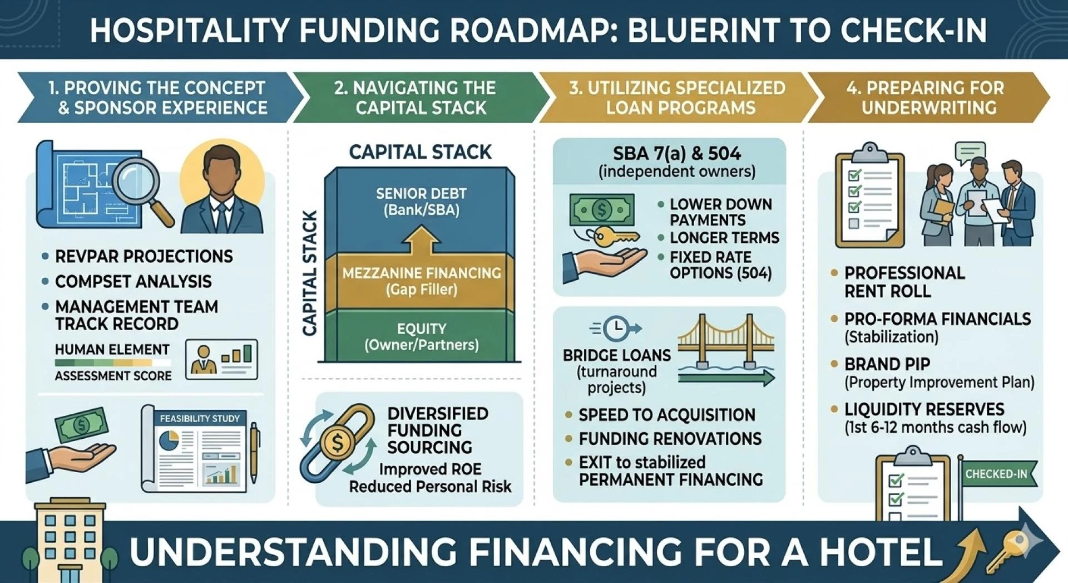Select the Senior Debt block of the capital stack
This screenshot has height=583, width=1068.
(x=421, y=202)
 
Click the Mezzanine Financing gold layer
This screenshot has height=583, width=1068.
(x=421, y=281)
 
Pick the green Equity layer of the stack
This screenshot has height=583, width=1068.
(x=421, y=336)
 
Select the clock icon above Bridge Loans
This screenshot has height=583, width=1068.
(x=616, y=329)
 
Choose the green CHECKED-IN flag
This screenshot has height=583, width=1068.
(x=998, y=474)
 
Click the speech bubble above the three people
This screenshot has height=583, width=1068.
(x=970, y=152)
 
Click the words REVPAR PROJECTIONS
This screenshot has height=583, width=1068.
(x=144, y=256)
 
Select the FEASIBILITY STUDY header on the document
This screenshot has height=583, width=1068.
(x=199, y=418)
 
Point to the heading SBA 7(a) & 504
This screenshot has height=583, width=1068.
(x=676, y=154)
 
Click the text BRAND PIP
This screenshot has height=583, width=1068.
(x=887, y=364)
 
